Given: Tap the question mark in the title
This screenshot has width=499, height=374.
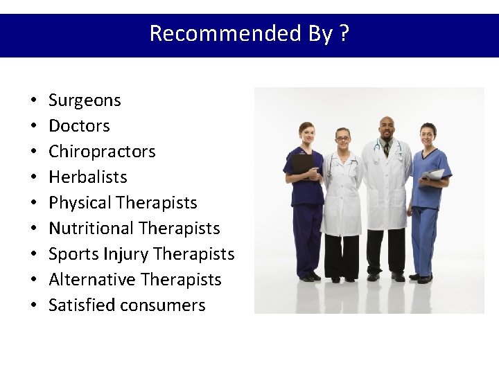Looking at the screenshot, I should coord(344,33).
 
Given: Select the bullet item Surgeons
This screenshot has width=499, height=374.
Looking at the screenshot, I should coord(85,100).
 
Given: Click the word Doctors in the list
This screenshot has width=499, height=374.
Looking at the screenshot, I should coord(79,126).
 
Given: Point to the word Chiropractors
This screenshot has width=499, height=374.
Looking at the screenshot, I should coord(102,152).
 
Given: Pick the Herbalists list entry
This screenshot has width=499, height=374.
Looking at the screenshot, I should coord(88,177).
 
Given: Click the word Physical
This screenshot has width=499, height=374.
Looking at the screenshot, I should coord(80,203).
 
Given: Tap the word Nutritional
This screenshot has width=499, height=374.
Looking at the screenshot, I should coord(91,229).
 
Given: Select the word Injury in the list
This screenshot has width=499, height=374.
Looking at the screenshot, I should coord(126,254).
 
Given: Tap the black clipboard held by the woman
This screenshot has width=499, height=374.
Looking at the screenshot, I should coord(302,163).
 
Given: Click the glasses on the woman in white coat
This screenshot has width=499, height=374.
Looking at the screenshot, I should coord(342,139).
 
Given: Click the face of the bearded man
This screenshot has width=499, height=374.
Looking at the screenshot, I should coord(387,129).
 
